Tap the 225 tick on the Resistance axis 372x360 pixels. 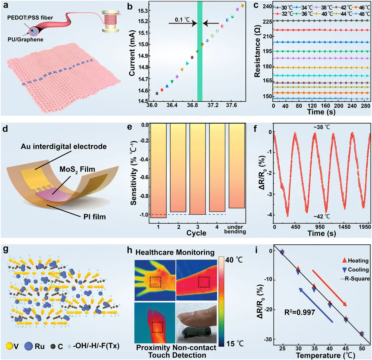(266, 21)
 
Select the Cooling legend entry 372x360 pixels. (353, 269)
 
